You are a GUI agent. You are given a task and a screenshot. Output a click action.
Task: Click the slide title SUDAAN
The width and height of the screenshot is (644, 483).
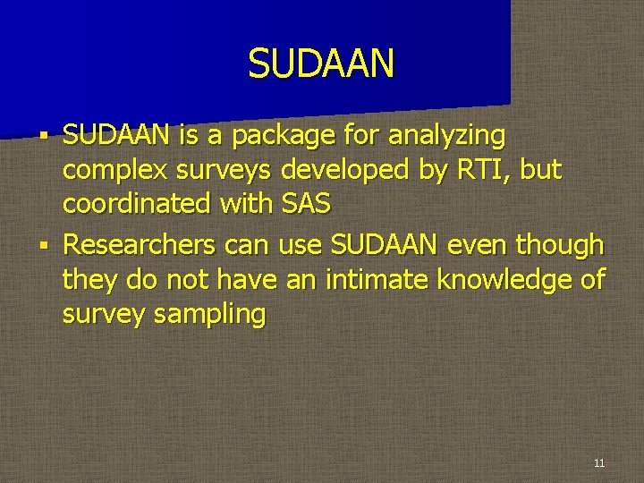321,64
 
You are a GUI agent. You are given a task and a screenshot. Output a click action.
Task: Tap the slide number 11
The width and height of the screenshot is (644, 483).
598,462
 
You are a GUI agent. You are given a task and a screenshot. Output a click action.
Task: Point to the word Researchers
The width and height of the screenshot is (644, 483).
140,243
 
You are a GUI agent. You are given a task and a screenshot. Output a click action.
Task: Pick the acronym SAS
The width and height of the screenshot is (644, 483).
306,205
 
